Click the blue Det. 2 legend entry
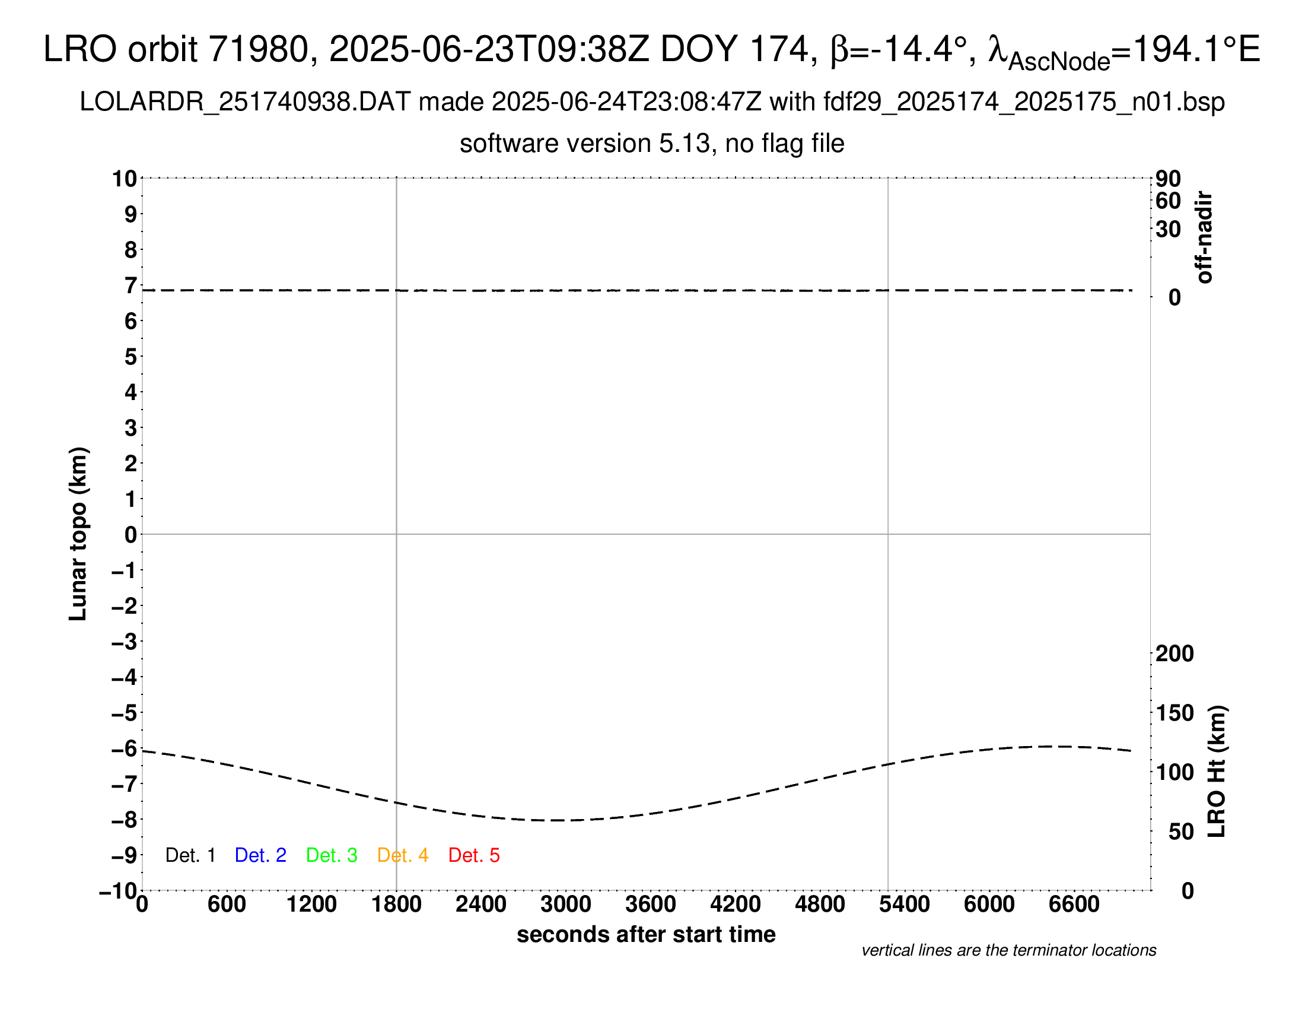click(260, 855)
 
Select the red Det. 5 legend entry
click(474, 855)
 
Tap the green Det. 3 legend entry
click(332, 855)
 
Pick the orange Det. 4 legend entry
click(403, 855)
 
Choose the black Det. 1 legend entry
click(190, 855)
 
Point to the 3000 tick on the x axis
click(566, 904)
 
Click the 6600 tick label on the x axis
click(1074, 904)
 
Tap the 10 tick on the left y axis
click(125, 179)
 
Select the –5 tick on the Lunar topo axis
click(125, 713)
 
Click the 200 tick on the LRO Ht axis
click(1174, 653)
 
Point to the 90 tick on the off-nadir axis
click(1168, 179)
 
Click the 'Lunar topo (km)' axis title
click(78, 534)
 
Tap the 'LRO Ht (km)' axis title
click(1217, 772)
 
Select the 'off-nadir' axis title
click(1205, 237)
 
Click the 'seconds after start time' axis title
click(646, 934)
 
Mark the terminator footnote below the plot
click(1008, 950)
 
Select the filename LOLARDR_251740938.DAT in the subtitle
click(245, 102)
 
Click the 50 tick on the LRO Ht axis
click(1180, 832)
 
